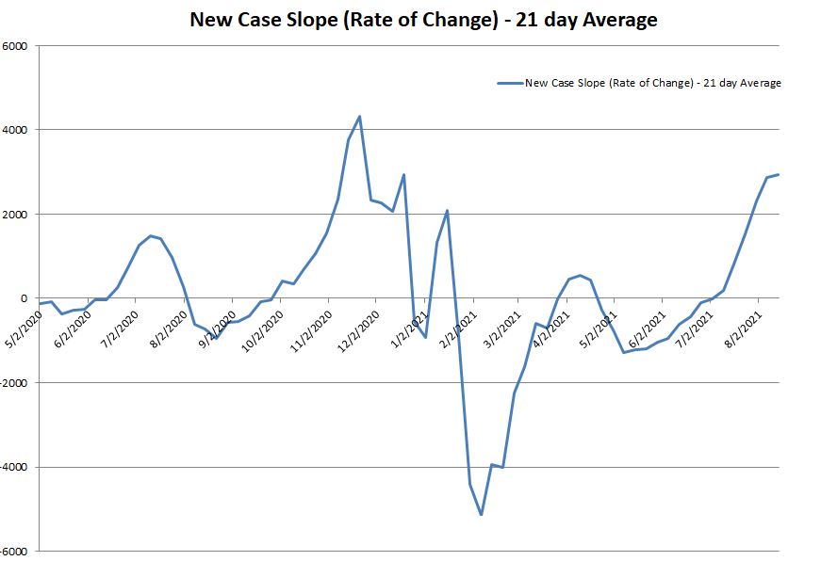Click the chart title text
[x=423, y=19]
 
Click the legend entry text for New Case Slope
[x=652, y=83]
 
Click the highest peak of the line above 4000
[x=359, y=117]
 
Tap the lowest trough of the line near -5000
[x=481, y=514]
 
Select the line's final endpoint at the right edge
[x=778, y=174]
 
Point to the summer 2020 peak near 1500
[x=150, y=235]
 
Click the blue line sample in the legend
[x=510, y=83]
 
